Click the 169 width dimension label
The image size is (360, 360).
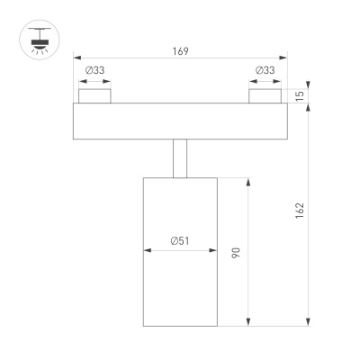(x=180, y=51)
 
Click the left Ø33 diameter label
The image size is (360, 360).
(x=94, y=70)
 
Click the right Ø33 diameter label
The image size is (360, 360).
(x=265, y=70)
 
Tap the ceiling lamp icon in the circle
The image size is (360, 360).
(x=35, y=41)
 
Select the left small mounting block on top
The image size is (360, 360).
(x=94, y=95)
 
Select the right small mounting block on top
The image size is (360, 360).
(x=265, y=95)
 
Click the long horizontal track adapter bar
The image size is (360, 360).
(x=180, y=121)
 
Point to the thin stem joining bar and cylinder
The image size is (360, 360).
(x=180, y=158)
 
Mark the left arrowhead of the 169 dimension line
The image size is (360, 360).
(x=76, y=58)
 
